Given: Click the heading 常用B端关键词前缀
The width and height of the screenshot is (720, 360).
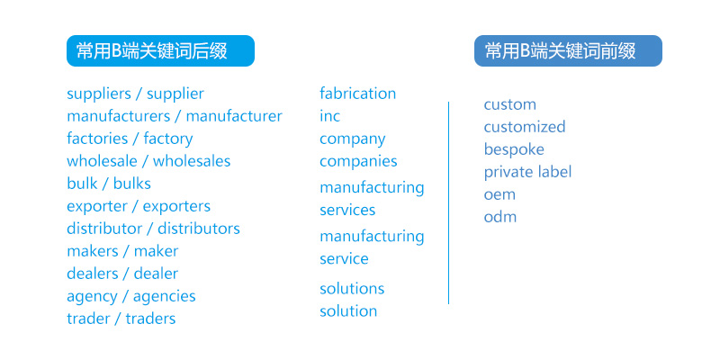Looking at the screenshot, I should point(568,51).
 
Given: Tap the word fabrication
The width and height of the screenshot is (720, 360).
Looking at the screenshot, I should point(357,94).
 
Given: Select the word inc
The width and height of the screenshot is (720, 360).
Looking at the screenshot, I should point(330,116).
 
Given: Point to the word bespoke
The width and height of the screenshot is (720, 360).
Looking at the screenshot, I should point(514,149).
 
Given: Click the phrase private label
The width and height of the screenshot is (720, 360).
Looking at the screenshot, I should point(527,172).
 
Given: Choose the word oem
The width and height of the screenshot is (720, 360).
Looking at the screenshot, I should point(499,194).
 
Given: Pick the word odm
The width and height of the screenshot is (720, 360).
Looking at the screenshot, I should point(500,217).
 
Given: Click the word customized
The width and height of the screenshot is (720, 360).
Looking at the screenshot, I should point(525,127).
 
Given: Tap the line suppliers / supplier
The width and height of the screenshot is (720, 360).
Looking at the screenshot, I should point(135,94).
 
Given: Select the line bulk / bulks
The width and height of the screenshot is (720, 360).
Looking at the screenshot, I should point(109,184).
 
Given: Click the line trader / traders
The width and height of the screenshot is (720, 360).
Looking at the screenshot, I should point(121,319).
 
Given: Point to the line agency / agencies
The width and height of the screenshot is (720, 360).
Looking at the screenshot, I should point(130,296).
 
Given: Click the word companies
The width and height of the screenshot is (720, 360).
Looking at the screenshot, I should point(358,161).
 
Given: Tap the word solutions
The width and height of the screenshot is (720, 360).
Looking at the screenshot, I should point(352,289).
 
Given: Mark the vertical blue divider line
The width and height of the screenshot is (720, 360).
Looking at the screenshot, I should point(448,202).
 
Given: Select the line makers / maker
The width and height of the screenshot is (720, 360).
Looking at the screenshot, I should point(122,251).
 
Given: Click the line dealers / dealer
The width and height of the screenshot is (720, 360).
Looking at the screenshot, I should point(122,274).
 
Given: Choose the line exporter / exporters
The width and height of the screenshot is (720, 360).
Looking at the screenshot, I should point(139,206).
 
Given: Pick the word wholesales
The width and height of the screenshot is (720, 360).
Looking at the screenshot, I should point(192,161).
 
